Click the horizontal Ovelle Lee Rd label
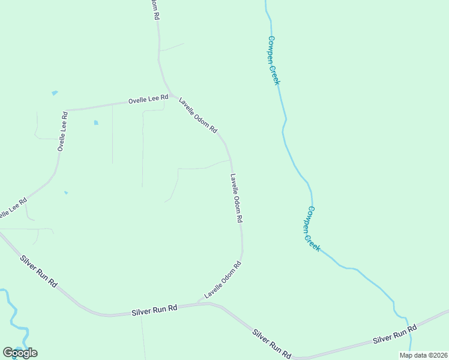(148, 100)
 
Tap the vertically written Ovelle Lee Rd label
(62, 131)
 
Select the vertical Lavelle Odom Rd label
(236, 199)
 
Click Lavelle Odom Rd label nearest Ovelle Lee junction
(197, 116)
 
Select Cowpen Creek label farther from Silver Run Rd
(274, 60)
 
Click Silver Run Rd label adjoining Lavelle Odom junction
(155, 310)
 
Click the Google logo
(20, 352)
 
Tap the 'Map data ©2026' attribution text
(423, 355)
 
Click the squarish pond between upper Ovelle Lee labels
(96, 123)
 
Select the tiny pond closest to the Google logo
(65, 193)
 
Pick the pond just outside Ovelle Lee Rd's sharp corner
(55, 93)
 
